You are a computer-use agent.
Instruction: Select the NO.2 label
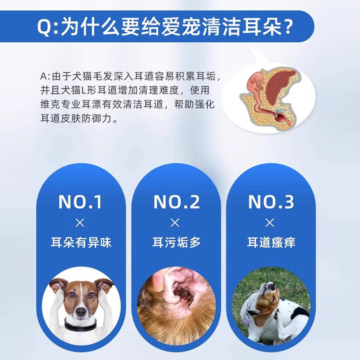click(x=176, y=201)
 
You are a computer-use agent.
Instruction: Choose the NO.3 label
click(x=272, y=201)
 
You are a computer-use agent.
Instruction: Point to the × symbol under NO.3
click(x=272, y=223)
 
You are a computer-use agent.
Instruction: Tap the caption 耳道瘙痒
click(x=272, y=244)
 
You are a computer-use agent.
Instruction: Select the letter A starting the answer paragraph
click(x=44, y=75)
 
